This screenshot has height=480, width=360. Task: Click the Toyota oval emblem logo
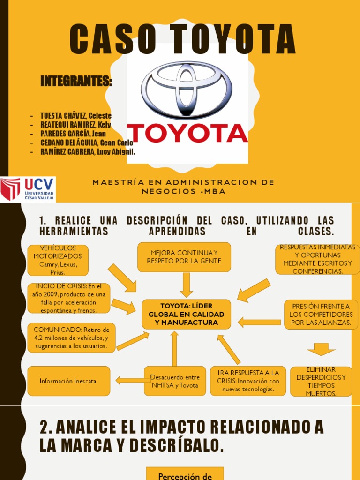(187, 90)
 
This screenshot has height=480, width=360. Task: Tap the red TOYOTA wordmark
(187, 133)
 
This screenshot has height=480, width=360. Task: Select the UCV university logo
(28, 189)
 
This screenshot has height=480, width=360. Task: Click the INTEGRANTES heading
(76, 82)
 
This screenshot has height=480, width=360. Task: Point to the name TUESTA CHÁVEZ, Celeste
(76, 116)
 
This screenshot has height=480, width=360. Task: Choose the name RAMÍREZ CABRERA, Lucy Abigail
(88, 151)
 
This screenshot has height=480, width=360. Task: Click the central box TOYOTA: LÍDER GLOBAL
(186, 314)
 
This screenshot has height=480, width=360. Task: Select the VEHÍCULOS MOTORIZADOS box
(58, 260)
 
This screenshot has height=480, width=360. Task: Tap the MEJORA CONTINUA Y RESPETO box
(184, 257)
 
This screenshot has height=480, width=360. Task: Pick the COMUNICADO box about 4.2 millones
(71, 337)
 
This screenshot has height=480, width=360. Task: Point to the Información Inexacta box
(69, 381)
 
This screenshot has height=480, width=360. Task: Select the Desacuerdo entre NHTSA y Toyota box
(175, 381)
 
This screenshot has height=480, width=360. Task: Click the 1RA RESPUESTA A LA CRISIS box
(248, 381)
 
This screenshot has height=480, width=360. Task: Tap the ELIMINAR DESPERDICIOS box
(321, 382)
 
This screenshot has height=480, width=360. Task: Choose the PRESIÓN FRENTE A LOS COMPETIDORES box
(321, 314)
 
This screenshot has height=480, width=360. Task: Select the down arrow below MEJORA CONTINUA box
(187, 285)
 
